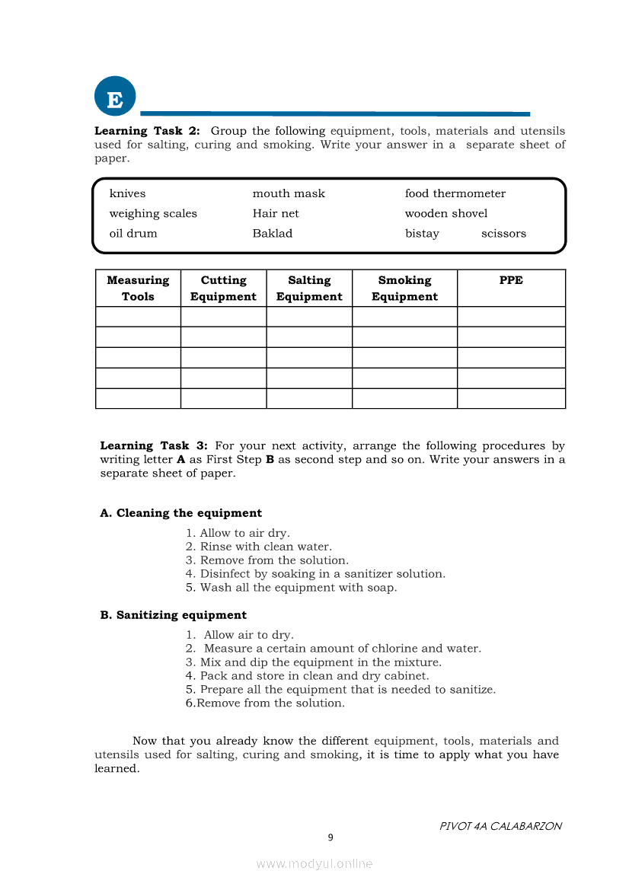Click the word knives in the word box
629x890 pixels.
[127, 193]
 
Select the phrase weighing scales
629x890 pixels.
[153, 213]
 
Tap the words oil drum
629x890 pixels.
[133, 233]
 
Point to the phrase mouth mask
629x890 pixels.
[289, 193]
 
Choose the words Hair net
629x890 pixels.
[276, 213]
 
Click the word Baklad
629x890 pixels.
[273, 233]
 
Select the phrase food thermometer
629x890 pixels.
[455, 193]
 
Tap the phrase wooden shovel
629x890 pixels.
[445, 213]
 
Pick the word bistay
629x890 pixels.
[422, 233]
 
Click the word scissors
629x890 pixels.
[503, 233]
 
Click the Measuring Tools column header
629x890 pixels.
[138, 289]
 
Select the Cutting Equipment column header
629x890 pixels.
[223, 289]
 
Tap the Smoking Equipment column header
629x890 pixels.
[404, 289]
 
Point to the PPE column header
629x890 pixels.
[511, 280]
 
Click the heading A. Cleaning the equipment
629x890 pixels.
[181, 513]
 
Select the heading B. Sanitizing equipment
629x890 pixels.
[174, 615]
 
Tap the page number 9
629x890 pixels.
[330, 837]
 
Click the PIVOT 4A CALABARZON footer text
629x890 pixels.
[500, 826]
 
